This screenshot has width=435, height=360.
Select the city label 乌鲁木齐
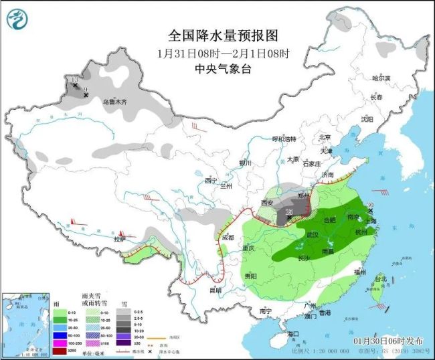114,102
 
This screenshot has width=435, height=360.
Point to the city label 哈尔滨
381,78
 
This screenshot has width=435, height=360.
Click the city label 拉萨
120,239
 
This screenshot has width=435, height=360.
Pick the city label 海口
292,333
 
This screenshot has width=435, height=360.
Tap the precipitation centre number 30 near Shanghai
370,206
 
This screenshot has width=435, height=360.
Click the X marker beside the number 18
288,218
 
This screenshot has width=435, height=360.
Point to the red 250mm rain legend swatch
60,351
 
